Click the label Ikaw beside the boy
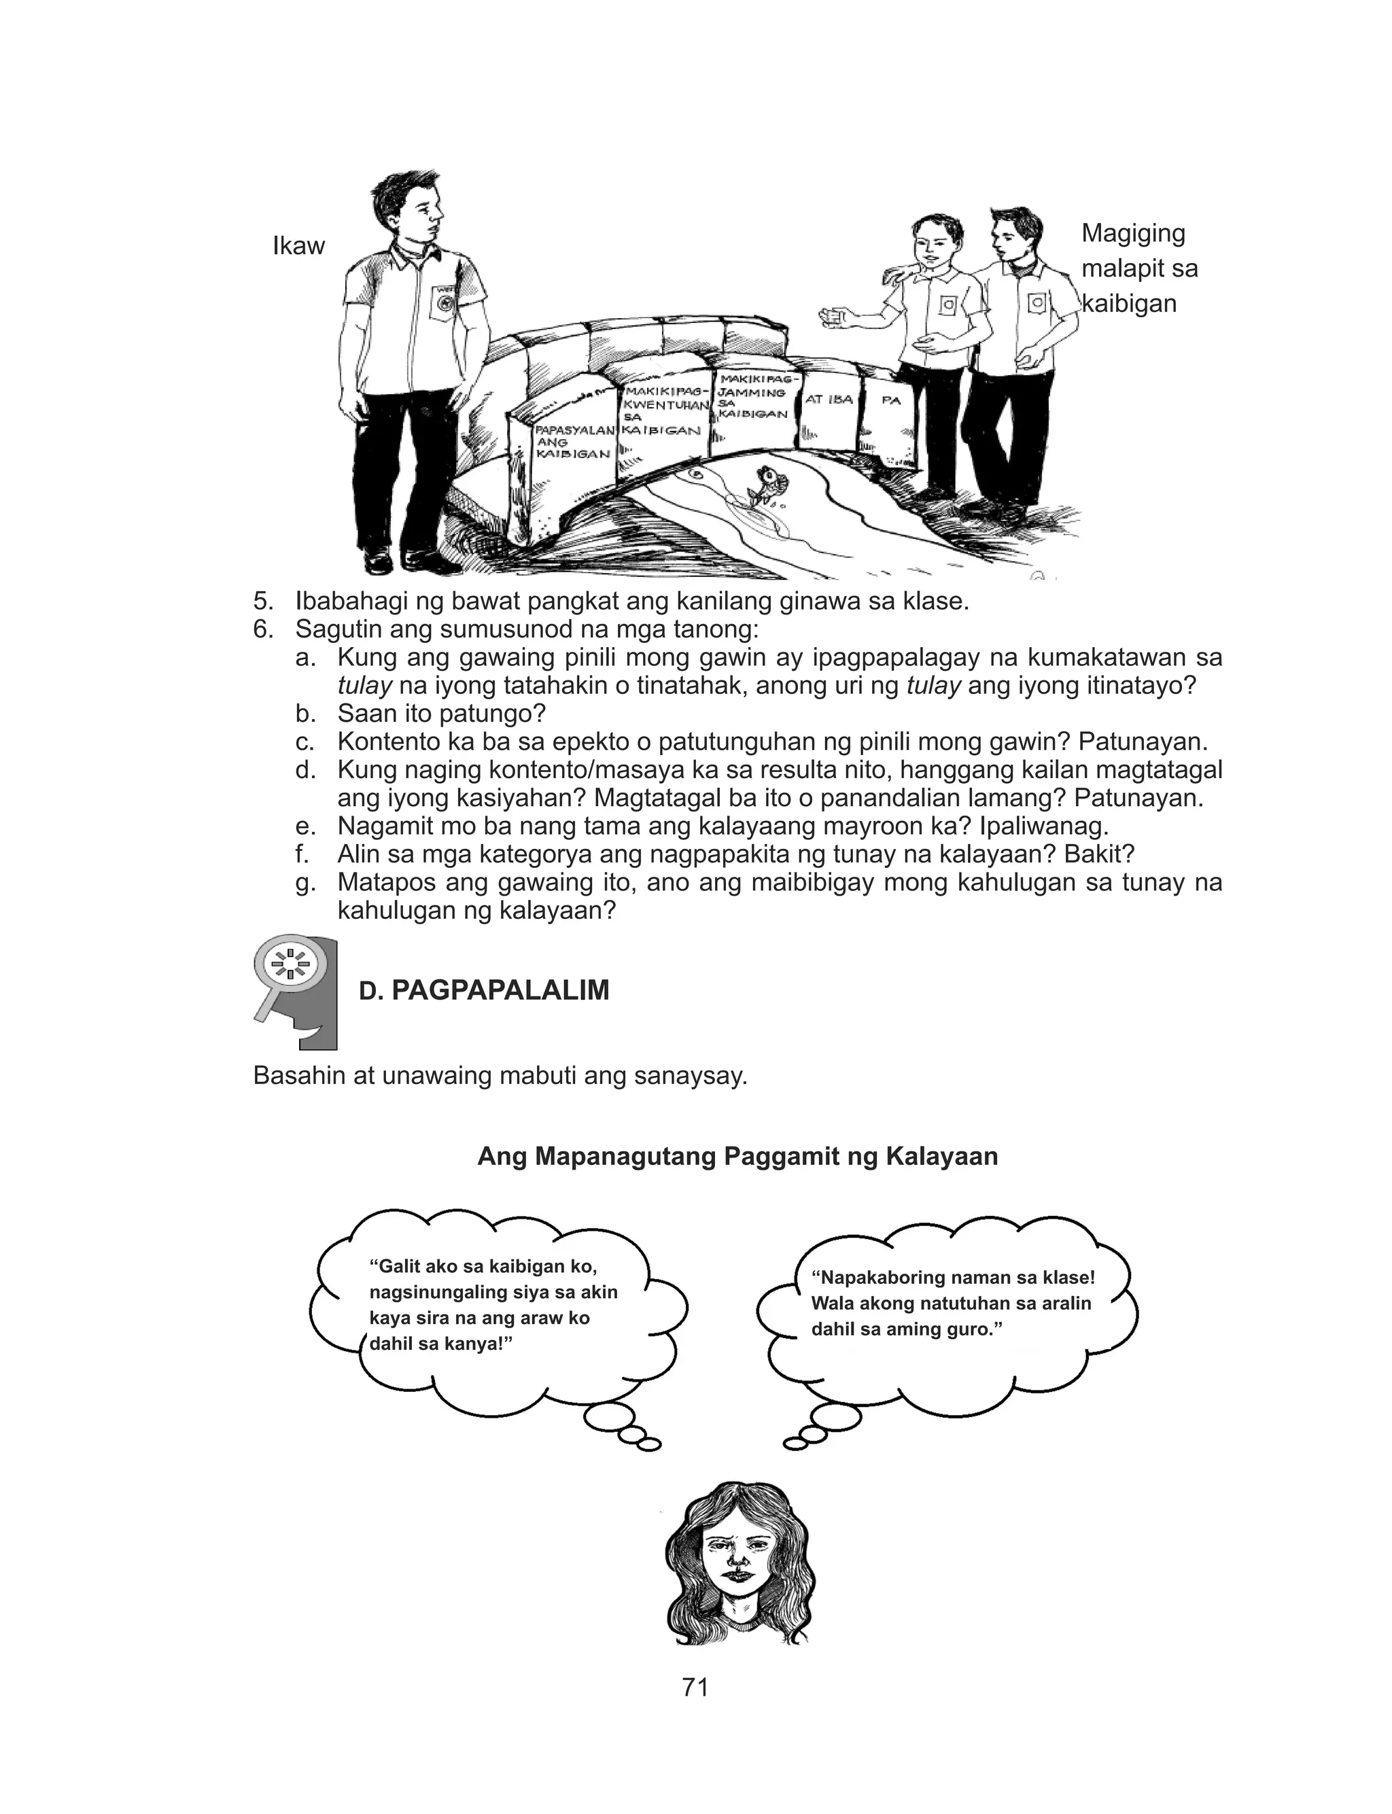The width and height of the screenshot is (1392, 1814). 298,246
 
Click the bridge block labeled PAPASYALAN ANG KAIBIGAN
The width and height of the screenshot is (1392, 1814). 574,442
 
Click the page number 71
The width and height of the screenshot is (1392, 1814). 695,1686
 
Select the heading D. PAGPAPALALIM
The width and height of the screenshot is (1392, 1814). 484,990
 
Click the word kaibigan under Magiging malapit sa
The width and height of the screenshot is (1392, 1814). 1128,304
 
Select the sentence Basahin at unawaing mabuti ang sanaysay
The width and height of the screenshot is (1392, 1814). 500,1076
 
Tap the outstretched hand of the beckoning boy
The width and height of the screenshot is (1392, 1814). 833,315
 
